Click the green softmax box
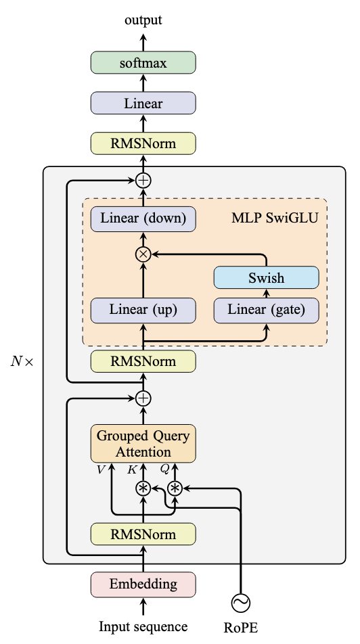(x=143, y=63)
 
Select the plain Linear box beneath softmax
(x=143, y=103)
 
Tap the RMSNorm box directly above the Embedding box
(x=143, y=534)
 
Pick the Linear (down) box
(x=143, y=218)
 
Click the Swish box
(x=267, y=277)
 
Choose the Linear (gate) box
(x=267, y=310)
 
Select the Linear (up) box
(x=143, y=310)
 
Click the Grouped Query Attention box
(x=143, y=444)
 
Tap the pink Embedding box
(x=143, y=584)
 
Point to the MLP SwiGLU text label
(x=275, y=218)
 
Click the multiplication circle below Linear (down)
(x=143, y=254)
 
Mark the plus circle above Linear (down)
(x=143, y=181)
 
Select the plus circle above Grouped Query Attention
(x=143, y=398)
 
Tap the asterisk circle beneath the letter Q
(x=175, y=488)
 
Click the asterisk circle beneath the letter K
(x=143, y=488)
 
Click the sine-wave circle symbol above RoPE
(x=240, y=603)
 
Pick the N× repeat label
(x=22, y=361)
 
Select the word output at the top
(x=143, y=20)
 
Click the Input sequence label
(x=143, y=626)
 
